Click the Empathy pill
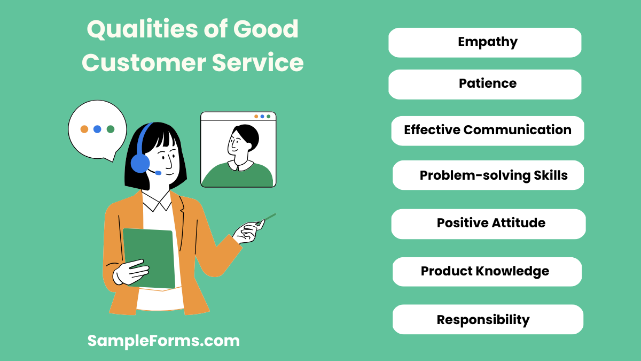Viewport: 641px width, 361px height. [484, 42]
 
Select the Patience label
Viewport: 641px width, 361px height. [484, 84]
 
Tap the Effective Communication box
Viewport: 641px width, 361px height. [487, 130]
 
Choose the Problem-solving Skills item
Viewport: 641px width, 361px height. [488, 175]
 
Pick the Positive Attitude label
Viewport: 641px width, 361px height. [488, 224]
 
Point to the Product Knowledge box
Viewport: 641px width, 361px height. [487, 272]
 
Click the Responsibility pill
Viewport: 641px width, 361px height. [487, 320]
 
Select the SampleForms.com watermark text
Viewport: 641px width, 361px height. [163, 341]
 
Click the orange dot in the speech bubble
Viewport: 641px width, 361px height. [84, 129]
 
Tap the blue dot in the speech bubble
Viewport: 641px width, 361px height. [97, 129]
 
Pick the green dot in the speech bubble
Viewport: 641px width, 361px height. [111, 129]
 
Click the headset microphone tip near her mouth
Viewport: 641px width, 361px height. [158, 173]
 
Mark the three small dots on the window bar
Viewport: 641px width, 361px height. [262, 116]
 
